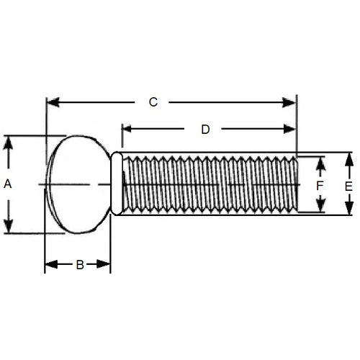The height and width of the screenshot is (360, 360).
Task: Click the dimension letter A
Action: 9,184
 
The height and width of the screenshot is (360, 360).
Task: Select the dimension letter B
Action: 80,265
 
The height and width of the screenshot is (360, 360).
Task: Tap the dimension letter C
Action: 153,102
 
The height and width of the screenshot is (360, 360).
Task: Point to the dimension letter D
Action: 205,130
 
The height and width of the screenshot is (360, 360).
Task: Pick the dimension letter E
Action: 348,186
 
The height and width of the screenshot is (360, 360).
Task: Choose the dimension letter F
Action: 320,186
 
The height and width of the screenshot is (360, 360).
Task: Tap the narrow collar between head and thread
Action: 116,184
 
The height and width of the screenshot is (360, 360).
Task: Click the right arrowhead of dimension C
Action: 291,103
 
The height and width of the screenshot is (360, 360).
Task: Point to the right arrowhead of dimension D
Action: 291,130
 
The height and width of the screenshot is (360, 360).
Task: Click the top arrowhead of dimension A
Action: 9,141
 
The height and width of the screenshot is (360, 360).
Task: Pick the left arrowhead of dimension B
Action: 50,265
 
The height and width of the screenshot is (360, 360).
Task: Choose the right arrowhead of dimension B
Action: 105,265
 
